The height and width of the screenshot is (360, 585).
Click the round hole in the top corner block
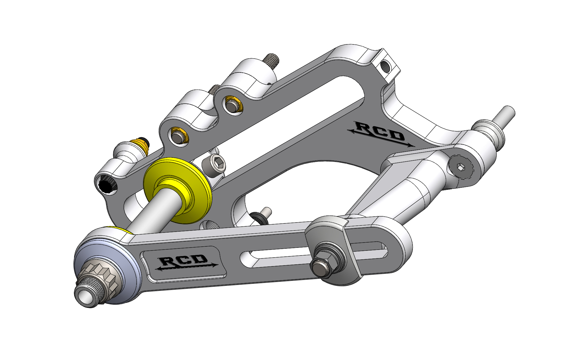pyautogui.click(x=385, y=67)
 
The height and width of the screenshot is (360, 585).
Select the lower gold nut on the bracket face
pyautogui.click(x=178, y=136)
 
